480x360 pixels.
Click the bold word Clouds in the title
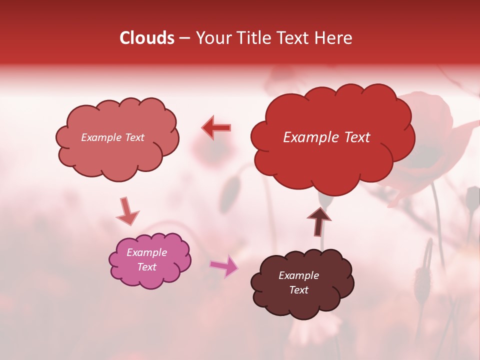point(147,38)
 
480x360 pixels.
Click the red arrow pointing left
point(216,128)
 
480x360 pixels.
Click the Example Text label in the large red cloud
point(326,137)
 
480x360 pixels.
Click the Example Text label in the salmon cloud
point(112,137)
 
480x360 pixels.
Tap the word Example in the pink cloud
point(146,252)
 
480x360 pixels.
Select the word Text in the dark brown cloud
point(298,290)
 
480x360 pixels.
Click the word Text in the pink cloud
point(146,267)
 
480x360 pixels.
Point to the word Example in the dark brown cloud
point(298,275)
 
